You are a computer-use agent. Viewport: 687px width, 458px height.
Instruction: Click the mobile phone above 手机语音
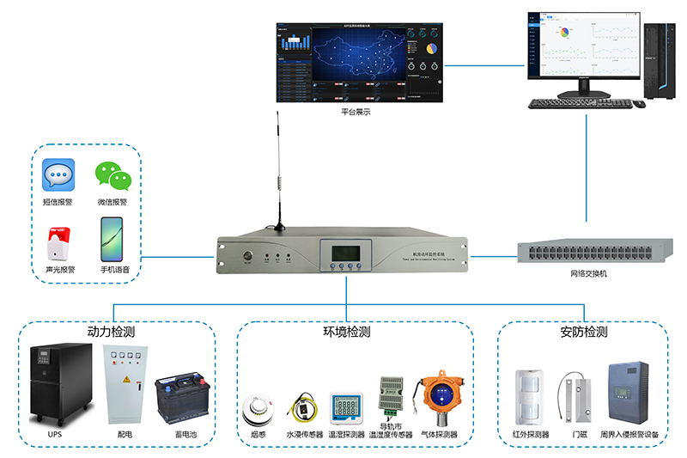tap(112, 239)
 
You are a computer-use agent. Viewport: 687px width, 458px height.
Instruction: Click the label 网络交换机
tap(588, 273)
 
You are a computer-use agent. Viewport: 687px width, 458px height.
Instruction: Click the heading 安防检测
tap(583, 332)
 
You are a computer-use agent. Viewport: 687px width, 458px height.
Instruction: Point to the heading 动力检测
tap(110, 332)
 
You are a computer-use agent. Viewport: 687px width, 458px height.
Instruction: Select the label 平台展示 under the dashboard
tap(356, 113)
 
